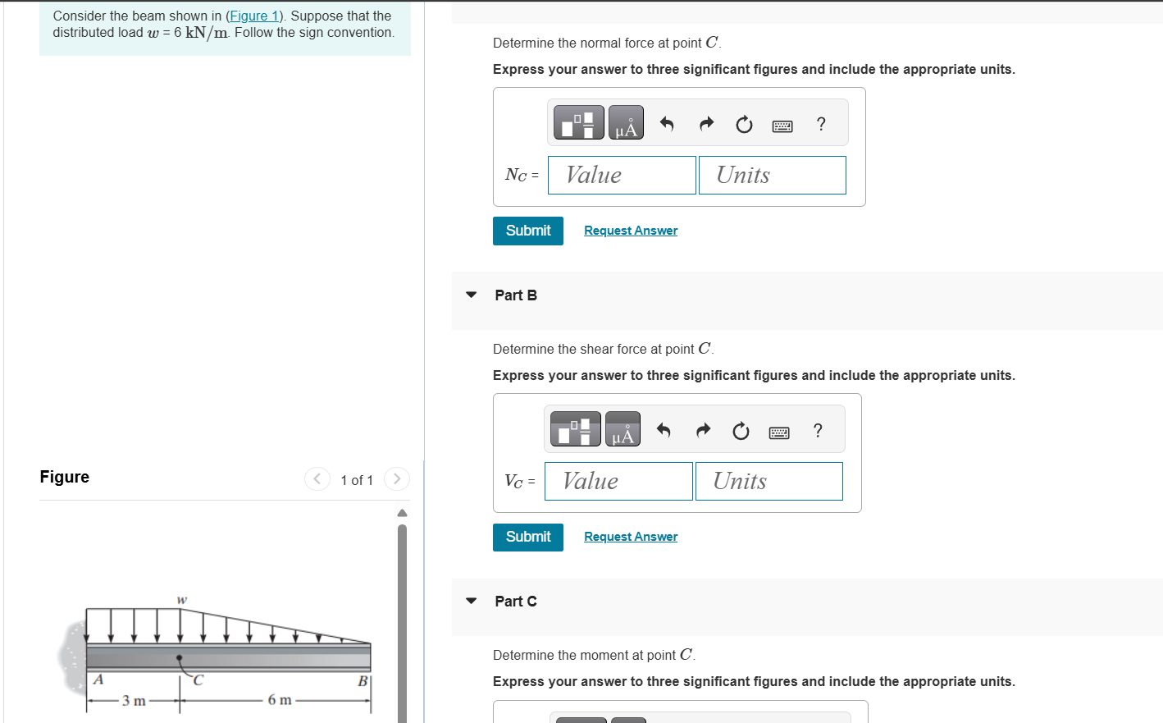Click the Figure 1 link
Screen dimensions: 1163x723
tap(254, 16)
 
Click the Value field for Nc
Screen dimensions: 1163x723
tap(622, 175)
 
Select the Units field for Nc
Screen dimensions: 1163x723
tap(772, 175)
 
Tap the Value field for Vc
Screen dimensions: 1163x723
tap(618, 481)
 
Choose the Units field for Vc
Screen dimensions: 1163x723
tap(769, 481)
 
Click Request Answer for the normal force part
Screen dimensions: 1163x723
tap(631, 231)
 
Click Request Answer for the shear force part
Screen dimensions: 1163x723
tap(631, 537)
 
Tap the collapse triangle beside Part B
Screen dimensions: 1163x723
tap(471, 295)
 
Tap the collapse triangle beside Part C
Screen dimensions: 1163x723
tap(471, 601)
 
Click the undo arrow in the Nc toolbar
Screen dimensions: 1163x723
tap(667, 124)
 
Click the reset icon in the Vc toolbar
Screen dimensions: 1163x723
tap(741, 431)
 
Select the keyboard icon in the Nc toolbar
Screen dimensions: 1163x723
tap(782, 126)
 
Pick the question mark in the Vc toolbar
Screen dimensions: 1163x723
tap(818, 430)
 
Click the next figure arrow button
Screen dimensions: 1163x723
tap(397, 478)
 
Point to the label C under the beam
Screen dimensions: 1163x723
tap(198, 680)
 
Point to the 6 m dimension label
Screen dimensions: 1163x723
tap(280, 700)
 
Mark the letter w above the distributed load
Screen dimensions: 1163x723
tap(182, 600)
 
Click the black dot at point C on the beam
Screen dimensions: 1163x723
tap(179, 657)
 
